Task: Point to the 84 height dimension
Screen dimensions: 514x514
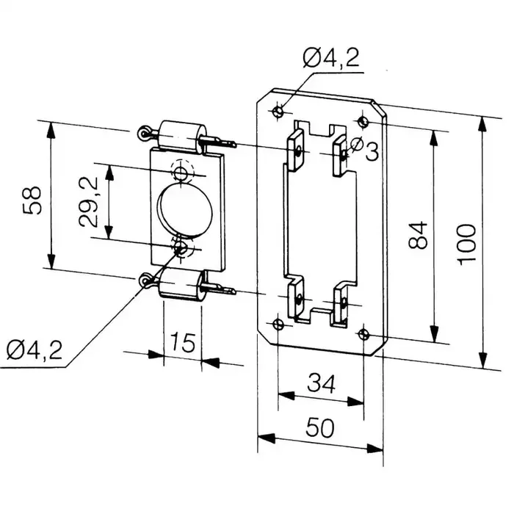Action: coord(418,236)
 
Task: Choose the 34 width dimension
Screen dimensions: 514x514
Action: coord(321,383)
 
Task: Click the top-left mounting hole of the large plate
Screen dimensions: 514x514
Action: coord(278,112)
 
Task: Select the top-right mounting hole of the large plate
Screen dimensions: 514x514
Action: coord(361,120)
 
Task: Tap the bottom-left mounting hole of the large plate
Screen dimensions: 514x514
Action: coord(277,325)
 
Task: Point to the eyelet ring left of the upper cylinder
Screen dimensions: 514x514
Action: coord(145,133)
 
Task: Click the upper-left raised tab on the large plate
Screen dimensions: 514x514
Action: coord(297,149)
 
